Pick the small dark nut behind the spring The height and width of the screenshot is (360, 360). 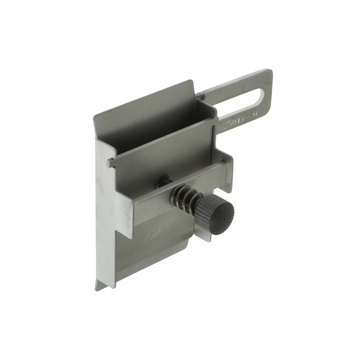tap(164, 182)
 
